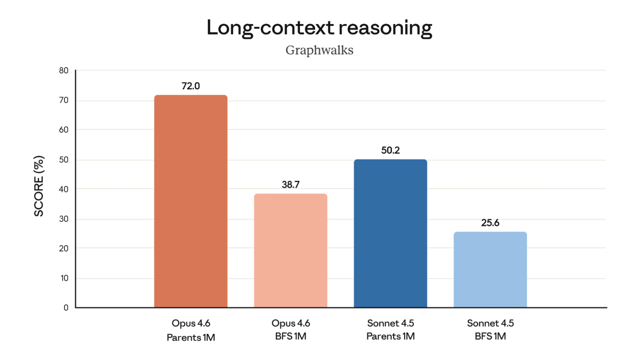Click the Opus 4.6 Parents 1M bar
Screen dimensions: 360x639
pyautogui.click(x=191, y=201)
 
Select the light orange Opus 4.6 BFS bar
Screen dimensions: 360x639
pyautogui.click(x=291, y=250)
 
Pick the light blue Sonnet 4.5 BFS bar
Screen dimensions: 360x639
pyautogui.click(x=490, y=269)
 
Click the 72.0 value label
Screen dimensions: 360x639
pyautogui.click(x=191, y=86)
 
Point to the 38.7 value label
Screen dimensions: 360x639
pyautogui.click(x=291, y=184)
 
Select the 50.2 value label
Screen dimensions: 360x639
pyautogui.click(x=390, y=150)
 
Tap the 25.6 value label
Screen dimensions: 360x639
pyautogui.click(x=490, y=223)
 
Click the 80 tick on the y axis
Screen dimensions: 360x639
pyautogui.click(x=64, y=71)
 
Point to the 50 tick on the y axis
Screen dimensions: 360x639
pyautogui.click(x=64, y=160)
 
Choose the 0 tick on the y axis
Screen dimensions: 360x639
pyautogui.click(x=66, y=308)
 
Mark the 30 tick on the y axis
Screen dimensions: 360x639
pyautogui.click(x=64, y=219)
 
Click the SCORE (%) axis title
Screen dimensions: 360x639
pyautogui.click(x=39, y=186)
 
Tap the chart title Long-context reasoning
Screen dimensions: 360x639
pyautogui.click(x=319, y=28)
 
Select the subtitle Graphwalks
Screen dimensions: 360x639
pyautogui.click(x=319, y=50)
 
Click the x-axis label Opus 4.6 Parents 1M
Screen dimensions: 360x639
pyautogui.click(x=191, y=330)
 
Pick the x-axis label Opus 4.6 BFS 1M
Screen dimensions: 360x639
pyautogui.click(x=291, y=330)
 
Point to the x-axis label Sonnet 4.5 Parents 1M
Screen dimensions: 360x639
pyautogui.click(x=390, y=330)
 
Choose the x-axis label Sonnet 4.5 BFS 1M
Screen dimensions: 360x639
pyautogui.click(x=490, y=330)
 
